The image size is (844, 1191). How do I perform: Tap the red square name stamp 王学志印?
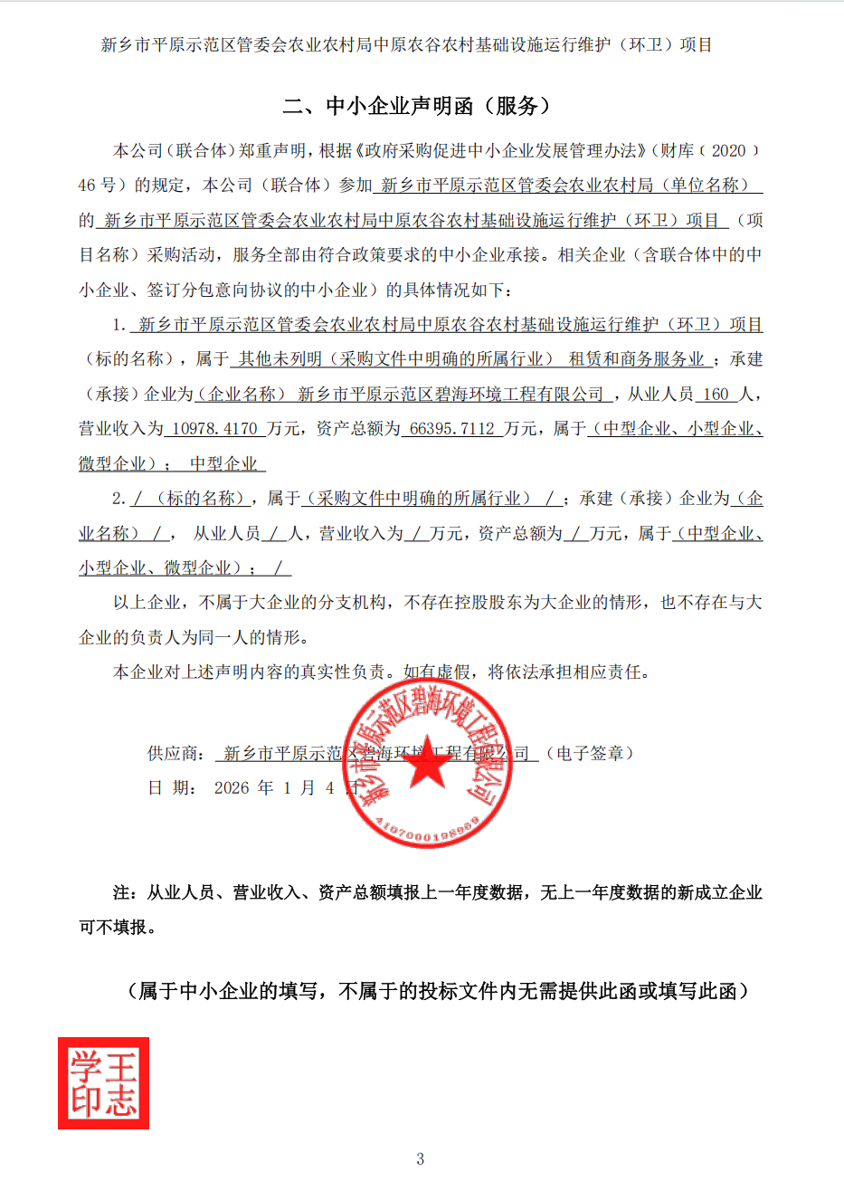pyautogui.click(x=104, y=1083)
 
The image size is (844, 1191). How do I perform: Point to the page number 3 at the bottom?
pyautogui.click(x=421, y=1158)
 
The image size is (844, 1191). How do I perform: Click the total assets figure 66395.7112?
pyautogui.click(x=452, y=429)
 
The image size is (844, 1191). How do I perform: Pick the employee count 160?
pyautogui.click(x=716, y=395)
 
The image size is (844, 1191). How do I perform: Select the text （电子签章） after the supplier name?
pyautogui.click(x=590, y=754)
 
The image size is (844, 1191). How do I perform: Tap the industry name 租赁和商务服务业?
pyautogui.click(x=637, y=359)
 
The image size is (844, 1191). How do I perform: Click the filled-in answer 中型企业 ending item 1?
pyautogui.click(x=224, y=464)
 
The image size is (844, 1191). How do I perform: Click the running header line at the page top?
pyautogui.click(x=406, y=45)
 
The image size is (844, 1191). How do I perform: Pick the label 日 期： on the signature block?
pyautogui.click(x=172, y=788)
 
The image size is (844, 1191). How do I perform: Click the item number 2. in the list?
pyautogui.click(x=119, y=499)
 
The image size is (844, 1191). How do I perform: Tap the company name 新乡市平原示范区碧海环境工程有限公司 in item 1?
pyautogui.click(x=450, y=395)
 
